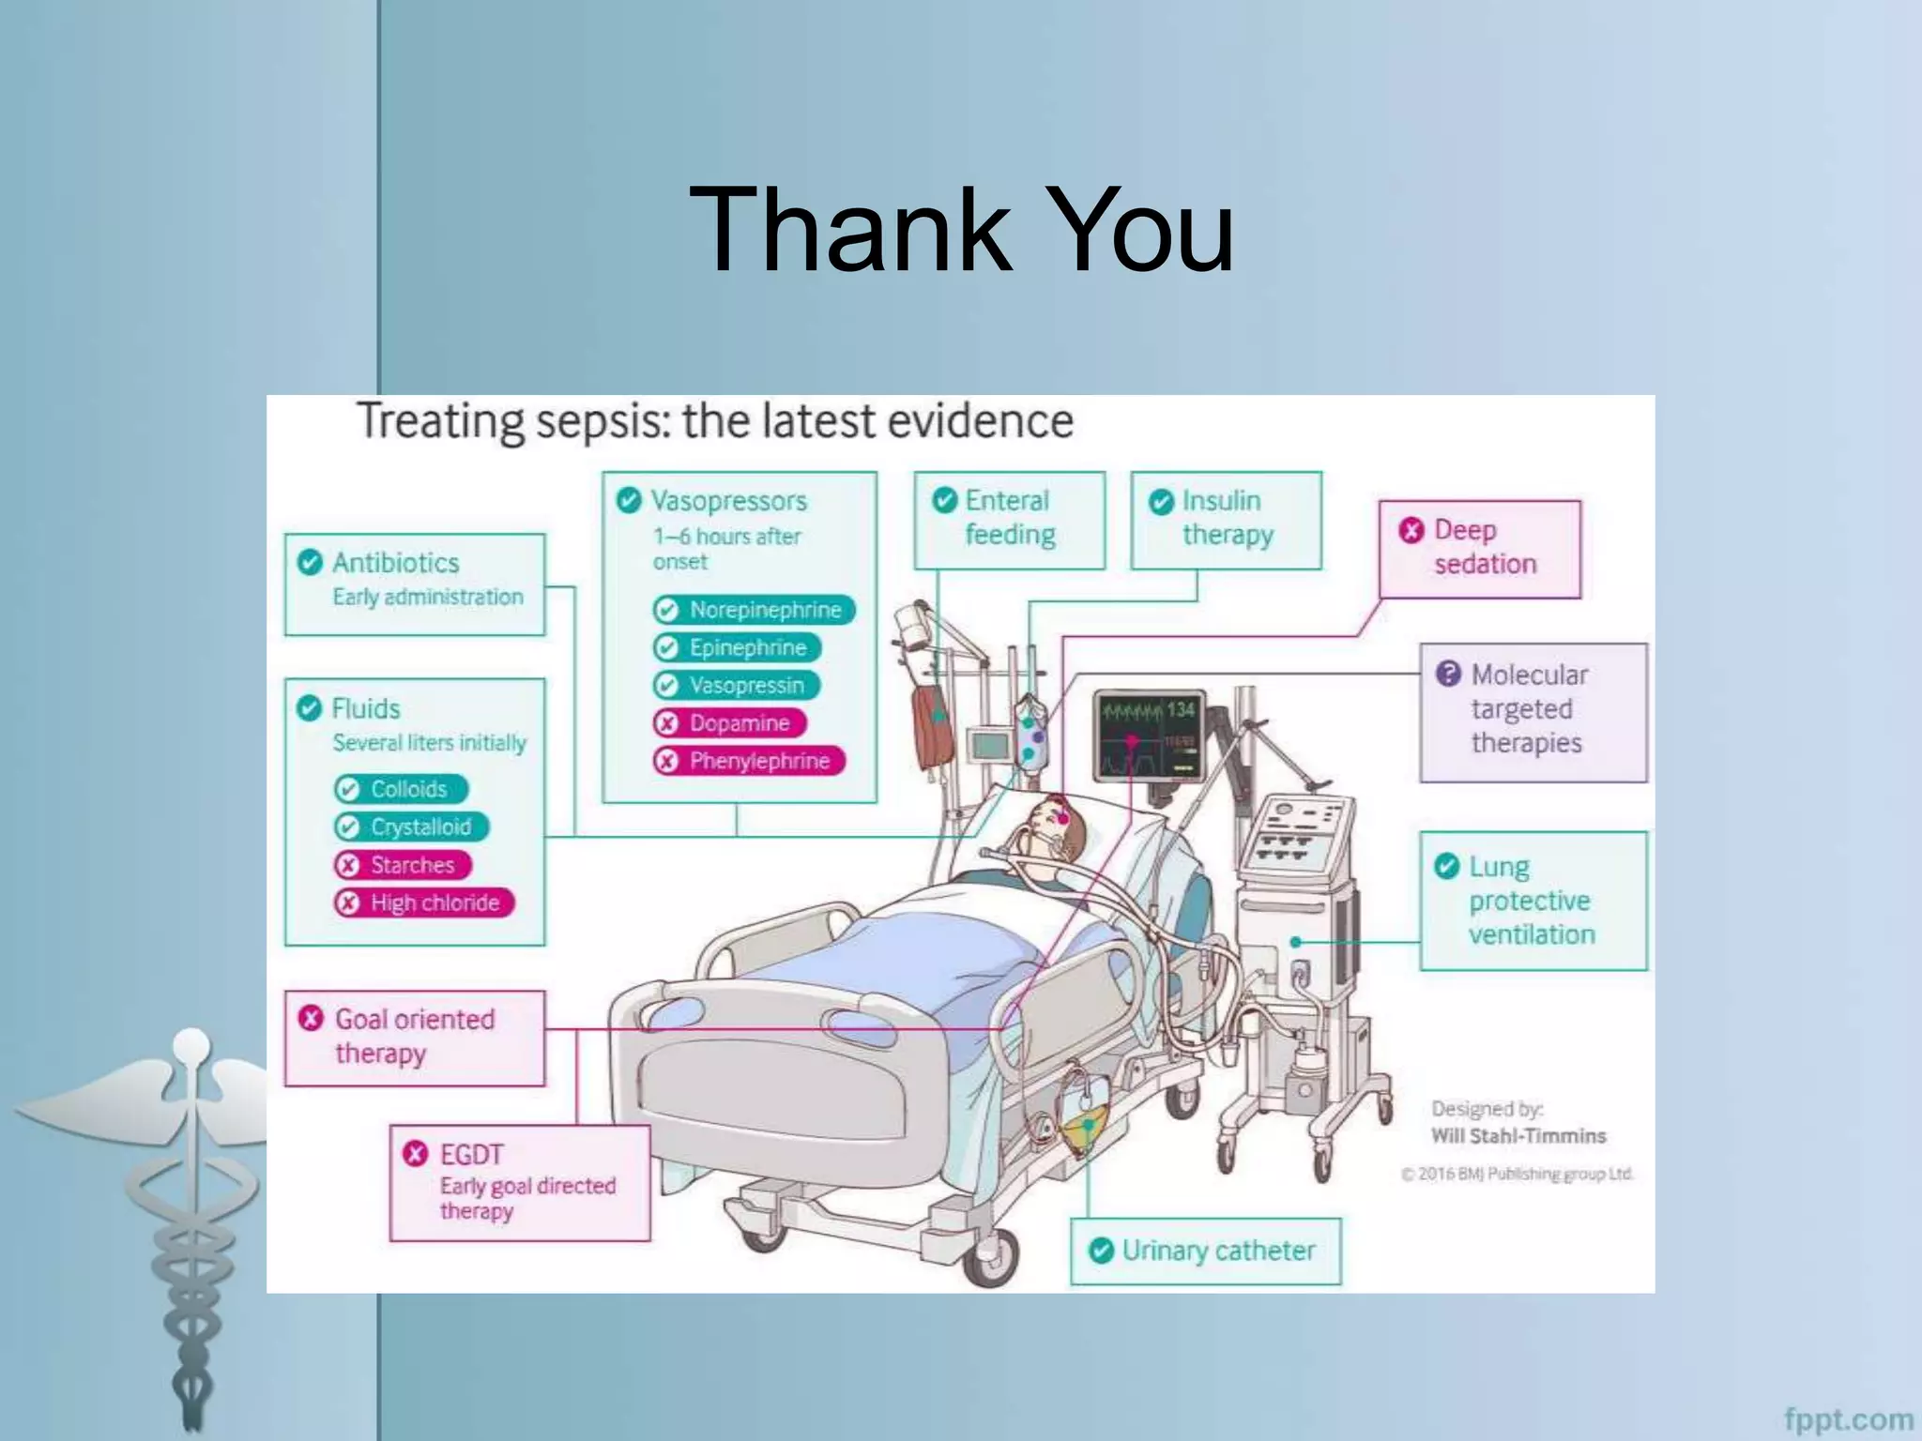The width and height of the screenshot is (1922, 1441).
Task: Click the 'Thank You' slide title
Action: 961,230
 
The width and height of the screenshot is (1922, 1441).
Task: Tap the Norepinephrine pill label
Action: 754,610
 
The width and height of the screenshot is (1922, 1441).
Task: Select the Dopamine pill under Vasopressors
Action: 730,723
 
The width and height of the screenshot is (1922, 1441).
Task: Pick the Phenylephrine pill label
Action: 749,761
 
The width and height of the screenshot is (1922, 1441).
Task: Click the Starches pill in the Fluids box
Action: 403,865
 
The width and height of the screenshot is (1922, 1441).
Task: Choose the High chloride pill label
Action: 424,903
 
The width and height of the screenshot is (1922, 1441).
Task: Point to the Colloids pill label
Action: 401,789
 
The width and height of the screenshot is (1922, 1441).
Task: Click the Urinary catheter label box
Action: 1206,1251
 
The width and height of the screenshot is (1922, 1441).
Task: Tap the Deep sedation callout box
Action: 1480,549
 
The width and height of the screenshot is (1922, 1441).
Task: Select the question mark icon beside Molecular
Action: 1448,674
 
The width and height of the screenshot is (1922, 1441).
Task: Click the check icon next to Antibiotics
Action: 310,562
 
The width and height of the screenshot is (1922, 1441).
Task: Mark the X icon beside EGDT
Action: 415,1154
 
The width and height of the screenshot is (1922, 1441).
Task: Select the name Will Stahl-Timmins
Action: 1518,1136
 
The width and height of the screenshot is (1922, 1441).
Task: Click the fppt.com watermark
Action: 1847,1419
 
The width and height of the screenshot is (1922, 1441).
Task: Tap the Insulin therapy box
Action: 1226,520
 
